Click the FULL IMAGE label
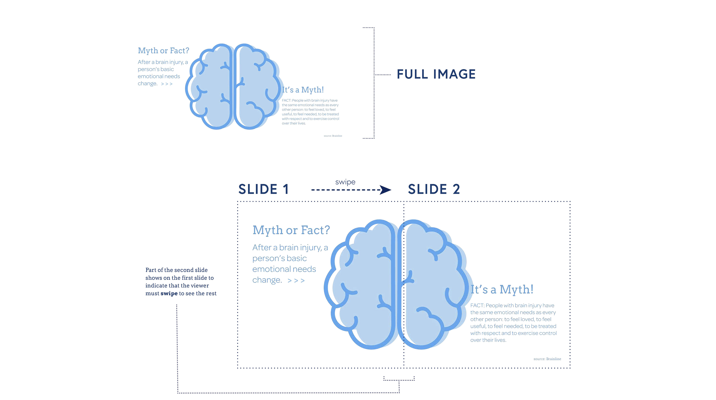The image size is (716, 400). point(436,75)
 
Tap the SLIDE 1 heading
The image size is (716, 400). point(263,190)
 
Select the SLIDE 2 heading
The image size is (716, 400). point(434,190)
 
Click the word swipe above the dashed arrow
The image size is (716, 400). point(345,182)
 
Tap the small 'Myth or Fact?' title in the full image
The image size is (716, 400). point(164,51)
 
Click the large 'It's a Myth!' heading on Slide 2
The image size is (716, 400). point(502,289)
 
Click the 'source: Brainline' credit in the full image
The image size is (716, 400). point(333,136)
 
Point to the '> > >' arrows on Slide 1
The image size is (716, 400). point(296,281)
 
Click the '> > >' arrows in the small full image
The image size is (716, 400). point(167,84)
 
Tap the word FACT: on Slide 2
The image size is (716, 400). point(477,306)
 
